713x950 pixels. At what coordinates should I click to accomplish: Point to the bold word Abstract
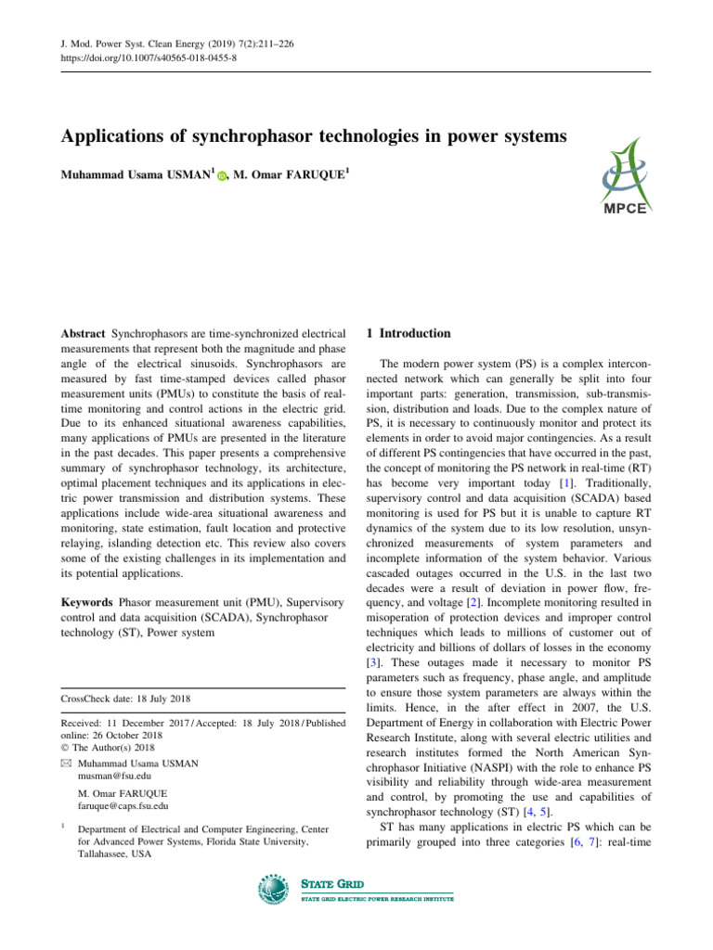coord(84,332)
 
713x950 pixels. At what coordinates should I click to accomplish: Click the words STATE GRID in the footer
coord(332,885)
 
